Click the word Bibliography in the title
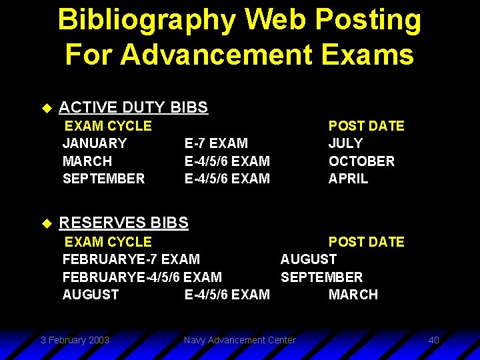point(146,20)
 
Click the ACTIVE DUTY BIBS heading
point(133,107)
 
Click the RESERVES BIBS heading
point(124,223)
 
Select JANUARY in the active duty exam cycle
point(94,143)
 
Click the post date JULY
point(345,143)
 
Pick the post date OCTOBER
point(361,161)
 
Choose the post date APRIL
point(348,179)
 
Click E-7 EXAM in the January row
point(216,143)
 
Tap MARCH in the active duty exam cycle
point(87,161)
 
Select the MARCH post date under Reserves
point(353,295)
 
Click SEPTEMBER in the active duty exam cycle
point(103,179)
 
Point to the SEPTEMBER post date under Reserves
point(321,277)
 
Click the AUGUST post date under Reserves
point(308,259)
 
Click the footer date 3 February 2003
point(75,340)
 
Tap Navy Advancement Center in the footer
point(239,340)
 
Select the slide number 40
point(433,340)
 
